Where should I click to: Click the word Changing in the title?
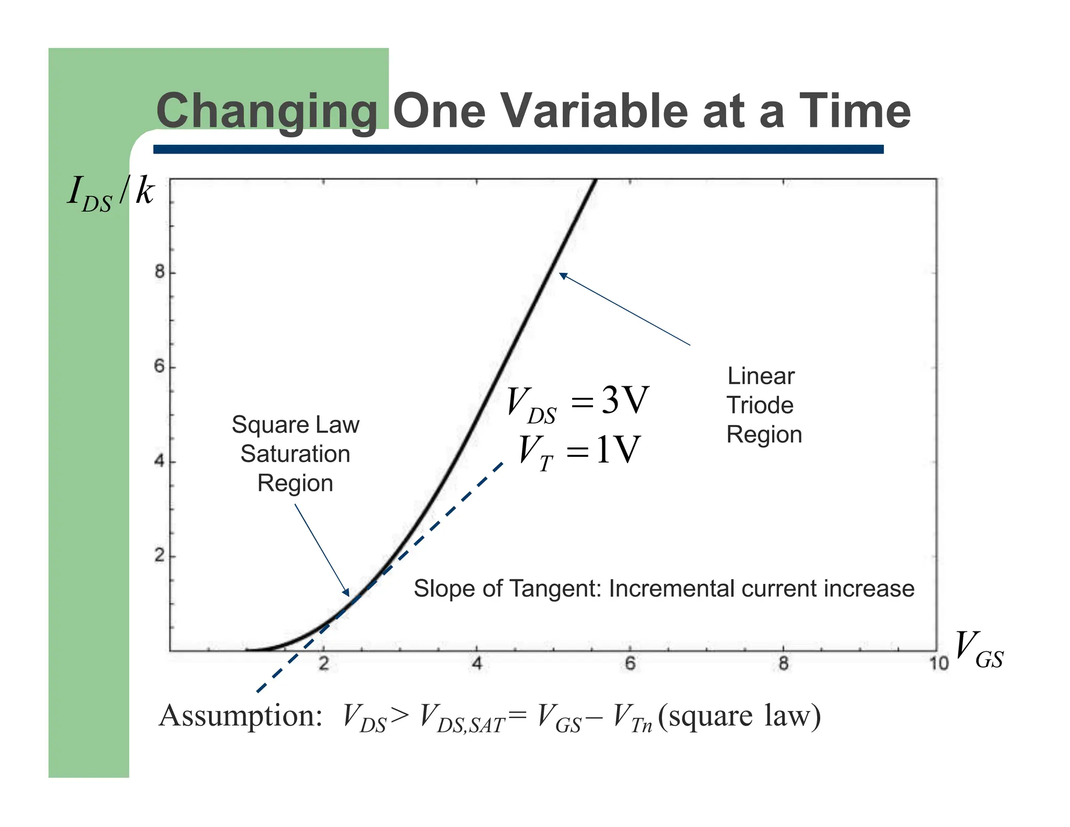[x=266, y=111]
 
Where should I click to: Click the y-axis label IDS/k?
[x=111, y=193]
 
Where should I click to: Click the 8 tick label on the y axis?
[x=159, y=272]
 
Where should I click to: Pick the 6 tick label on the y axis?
[x=159, y=366]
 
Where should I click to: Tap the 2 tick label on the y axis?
[x=159, y=555]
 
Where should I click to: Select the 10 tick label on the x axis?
[x=938, y=664]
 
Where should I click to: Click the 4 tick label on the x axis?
[x=476, y=664]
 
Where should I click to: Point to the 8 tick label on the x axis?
[x=783, y=664]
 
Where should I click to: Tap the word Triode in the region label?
[x=760, y=405]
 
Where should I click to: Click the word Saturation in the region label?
[x=295, y=454]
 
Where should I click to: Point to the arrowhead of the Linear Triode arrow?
[x=562, y=275]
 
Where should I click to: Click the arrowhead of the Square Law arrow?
[x=347, y=593]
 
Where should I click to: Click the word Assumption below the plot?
[x=240, y=716]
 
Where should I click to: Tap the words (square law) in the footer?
[x=739, y=716]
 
